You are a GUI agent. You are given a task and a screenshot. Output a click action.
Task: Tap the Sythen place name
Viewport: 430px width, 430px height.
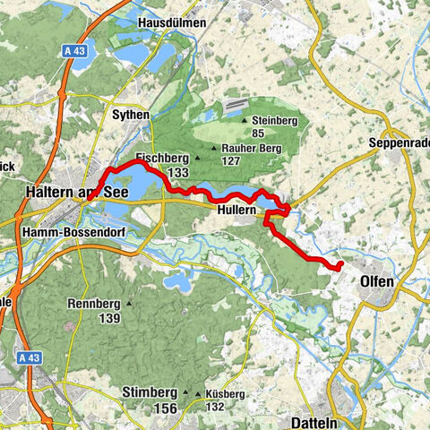click(x=130, y=116)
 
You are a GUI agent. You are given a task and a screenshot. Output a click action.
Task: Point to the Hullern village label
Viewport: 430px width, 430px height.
click(x=237, y=210)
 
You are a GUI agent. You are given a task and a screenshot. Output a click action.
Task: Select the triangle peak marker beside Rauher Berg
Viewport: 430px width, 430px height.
click(x=213, y=149)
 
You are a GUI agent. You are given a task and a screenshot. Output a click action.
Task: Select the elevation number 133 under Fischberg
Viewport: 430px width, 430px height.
click(x=176, y=172)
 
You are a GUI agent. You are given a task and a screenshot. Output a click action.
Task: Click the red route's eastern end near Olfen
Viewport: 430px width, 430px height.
click(x=340, y=265)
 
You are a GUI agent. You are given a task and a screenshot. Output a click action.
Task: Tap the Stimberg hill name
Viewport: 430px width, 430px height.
click(x=148, y=392)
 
